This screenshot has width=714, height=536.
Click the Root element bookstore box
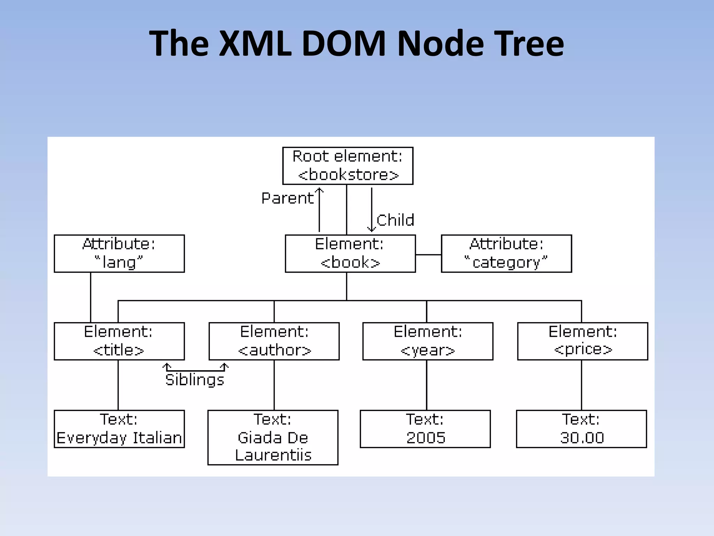point(348,166)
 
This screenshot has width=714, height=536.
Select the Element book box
point(350,253)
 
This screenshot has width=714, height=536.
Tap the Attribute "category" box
point(506,253)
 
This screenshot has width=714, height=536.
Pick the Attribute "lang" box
point(119,253)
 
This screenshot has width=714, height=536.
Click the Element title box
point(119,341)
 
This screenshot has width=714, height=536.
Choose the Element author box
point(274,341)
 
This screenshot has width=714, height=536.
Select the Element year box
point(428,341)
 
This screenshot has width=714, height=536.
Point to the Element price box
point(583,341)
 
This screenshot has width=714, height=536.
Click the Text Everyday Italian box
point(119,429)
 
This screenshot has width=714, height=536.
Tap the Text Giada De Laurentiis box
point(273,437)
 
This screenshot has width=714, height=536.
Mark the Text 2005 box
point(425,429)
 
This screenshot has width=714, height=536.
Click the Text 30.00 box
point(581,429)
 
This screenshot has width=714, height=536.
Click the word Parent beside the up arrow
point(288,198)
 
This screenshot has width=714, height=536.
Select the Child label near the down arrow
point(396,220)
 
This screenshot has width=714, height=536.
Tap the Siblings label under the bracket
point(195,380)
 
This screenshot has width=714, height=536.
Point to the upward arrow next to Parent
point(319,209)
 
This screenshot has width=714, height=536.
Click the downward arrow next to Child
point(372,209)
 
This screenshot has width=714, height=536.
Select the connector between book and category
point(428,255)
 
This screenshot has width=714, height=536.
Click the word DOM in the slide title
point(344,44)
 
